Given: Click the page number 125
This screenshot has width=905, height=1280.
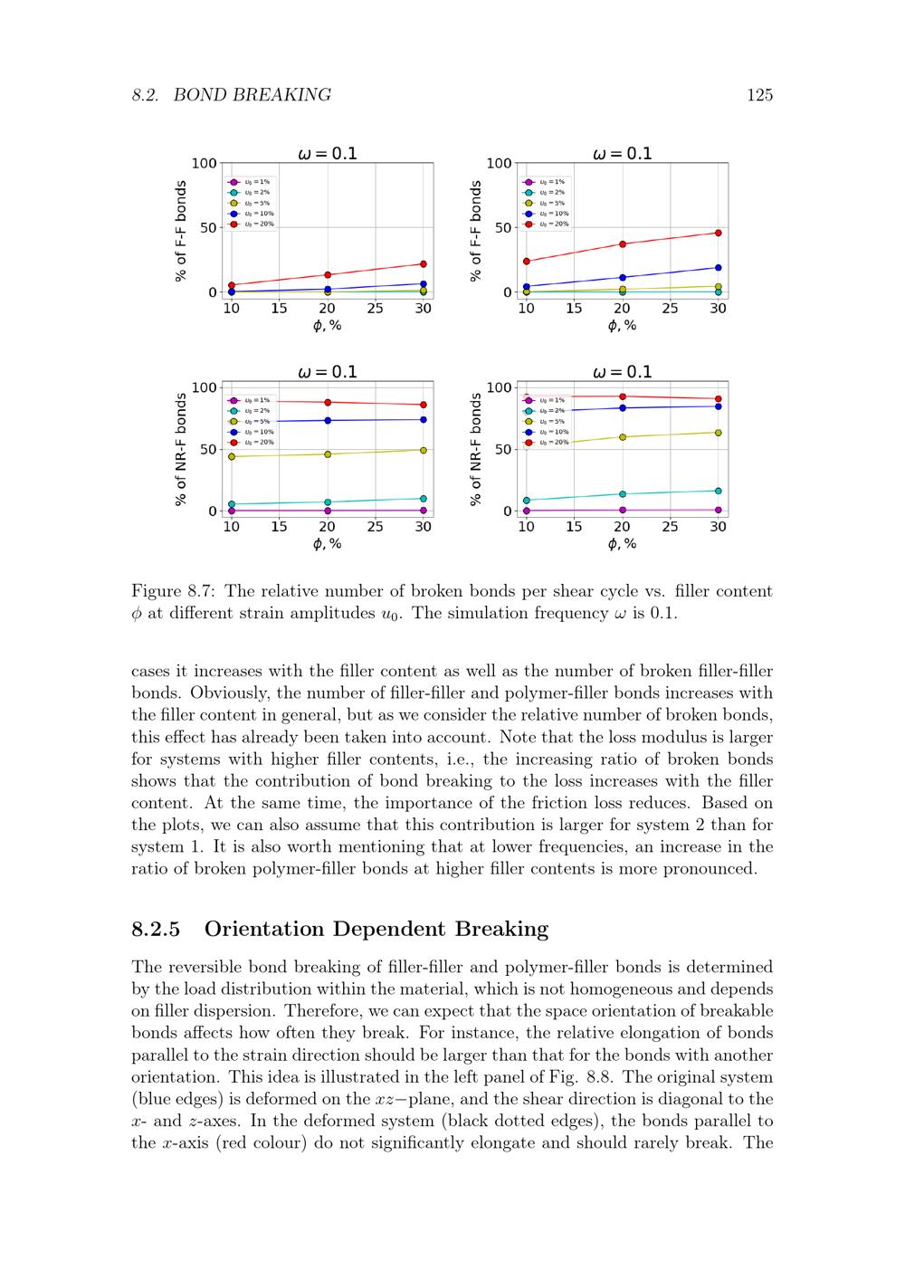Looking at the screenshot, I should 759,95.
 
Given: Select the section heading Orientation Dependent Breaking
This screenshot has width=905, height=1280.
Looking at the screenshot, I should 376,929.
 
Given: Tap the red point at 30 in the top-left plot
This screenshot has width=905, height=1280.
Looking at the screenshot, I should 423,264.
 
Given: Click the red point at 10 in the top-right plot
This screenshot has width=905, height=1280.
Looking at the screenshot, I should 526,262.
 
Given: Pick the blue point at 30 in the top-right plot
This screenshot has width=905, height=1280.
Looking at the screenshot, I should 718,268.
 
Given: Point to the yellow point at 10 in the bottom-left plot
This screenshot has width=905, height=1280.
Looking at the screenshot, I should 232,457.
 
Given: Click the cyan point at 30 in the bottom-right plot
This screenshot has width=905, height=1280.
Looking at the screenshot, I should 718,491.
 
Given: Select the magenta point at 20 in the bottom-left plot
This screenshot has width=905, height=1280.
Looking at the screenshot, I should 328,511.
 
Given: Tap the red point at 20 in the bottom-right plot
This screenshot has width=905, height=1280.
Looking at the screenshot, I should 622,396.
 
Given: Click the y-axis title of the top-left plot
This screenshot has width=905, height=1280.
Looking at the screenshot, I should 181,231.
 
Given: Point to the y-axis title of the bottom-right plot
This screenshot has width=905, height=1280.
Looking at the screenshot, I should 476,449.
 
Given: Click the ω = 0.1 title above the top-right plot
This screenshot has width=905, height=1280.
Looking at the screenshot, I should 622,154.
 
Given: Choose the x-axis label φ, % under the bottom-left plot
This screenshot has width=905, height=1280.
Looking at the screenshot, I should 327,544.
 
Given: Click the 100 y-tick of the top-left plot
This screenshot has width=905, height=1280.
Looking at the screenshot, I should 205,164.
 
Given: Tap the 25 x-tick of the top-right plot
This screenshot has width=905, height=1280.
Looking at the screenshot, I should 670,309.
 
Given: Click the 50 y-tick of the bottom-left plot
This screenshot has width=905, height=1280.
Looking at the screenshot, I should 208,450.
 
